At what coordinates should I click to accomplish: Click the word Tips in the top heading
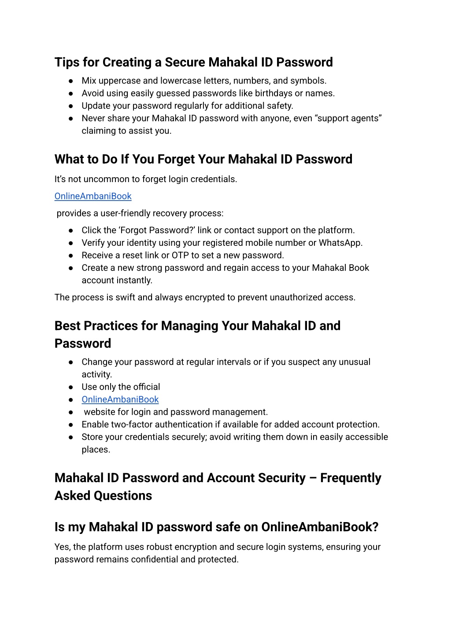67,62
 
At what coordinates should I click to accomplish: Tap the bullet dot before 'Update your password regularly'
70,106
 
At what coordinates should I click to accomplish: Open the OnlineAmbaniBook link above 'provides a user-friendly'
93,196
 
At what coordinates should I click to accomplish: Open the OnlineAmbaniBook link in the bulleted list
120,399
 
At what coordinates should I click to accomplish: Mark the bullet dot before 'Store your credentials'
70,437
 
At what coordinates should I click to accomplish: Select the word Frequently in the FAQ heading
351,478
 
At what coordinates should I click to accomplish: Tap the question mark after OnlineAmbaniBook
375,527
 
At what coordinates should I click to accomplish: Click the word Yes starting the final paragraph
63,547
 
